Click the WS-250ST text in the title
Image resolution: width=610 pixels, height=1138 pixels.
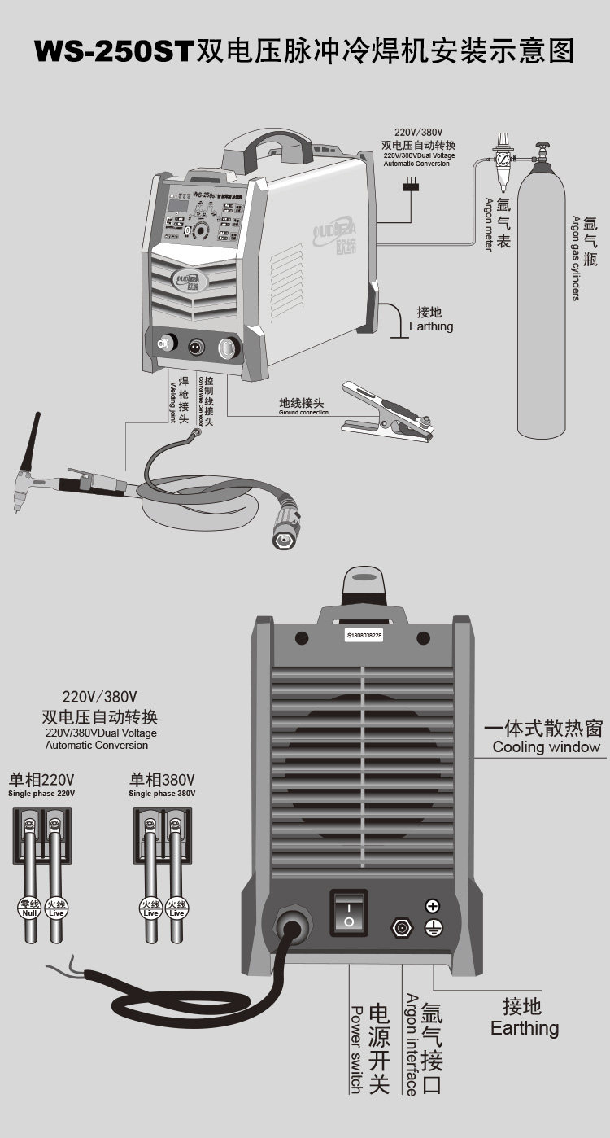pos(113,51)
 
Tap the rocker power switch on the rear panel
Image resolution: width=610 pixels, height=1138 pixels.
pos(348,912)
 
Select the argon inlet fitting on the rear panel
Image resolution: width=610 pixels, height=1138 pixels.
pos(401,927)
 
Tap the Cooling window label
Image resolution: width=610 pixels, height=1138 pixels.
pos(546,746)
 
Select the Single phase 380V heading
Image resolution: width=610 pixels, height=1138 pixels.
pos(161,793)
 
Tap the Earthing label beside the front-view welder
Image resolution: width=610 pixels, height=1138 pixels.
pos(431,326)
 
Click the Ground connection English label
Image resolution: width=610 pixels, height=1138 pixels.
pos(303,412)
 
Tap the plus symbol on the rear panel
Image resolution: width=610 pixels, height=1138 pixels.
pos(433,905)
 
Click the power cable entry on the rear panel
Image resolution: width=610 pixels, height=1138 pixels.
pos(290,926)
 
